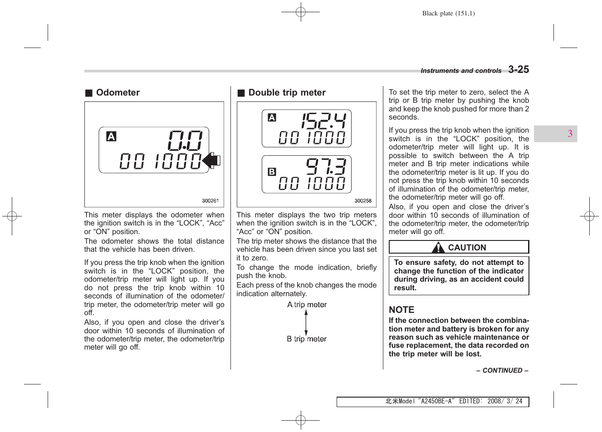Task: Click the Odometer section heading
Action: coord(117,93)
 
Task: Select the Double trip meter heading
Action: coord(287,93)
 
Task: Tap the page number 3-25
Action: coord(519,70)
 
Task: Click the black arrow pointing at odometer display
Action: coord(211,160)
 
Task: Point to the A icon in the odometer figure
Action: coord(111,136)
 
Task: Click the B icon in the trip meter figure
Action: coord(272,172)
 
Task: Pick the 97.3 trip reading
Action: coord(326,166)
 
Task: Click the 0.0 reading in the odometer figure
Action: coord(185,140)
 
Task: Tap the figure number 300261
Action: coord(210,201)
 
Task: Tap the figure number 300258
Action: coord(363,201)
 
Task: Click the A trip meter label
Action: coord(307,305)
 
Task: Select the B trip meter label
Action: coord(307,339)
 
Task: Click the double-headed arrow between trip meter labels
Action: coord(306,322)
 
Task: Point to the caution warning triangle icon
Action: coord(438,248)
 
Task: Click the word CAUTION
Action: coord(467,248)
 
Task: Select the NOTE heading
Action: coord(401,310)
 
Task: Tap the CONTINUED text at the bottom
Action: coord(502,370)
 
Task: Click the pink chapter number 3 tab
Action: coord(570,134)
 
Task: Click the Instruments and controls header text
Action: coord(461,71)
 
